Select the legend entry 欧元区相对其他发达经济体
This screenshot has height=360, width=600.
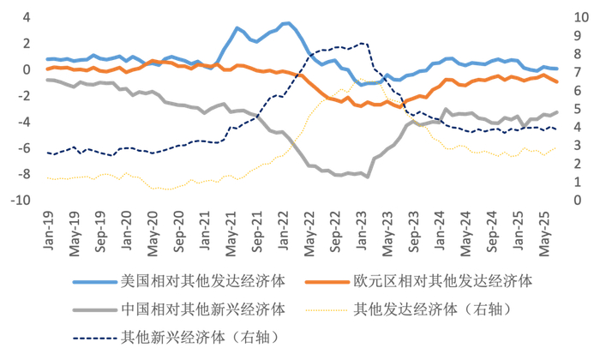coord(442,281)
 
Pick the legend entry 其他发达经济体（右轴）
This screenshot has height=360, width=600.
coord(441,309)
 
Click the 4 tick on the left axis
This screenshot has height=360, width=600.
coord(26,17)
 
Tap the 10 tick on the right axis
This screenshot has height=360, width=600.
coord(581,17)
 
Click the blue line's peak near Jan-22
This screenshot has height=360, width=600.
coord(288,23)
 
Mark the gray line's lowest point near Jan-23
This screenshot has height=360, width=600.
coord(367,177)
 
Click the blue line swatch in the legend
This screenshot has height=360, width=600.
coord(94,281)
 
